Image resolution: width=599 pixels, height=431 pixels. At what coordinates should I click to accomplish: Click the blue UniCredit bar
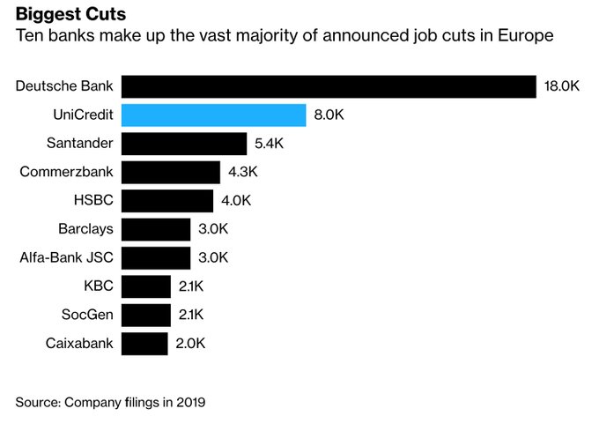tap(213, 115)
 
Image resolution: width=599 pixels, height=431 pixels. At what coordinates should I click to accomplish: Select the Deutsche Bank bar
tap(329, 86)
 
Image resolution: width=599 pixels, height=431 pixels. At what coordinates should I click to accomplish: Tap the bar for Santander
tap(183, 144)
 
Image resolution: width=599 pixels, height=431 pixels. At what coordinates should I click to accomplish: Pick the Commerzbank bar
tap(170, 172)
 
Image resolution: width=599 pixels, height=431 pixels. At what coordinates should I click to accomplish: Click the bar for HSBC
tap(166, 200)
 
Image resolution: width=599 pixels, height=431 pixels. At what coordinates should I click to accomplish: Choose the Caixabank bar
tap(144, 344)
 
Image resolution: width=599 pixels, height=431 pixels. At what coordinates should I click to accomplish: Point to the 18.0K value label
tap(562, 86)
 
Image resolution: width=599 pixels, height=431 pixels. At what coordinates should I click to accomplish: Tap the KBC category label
tap(98, 286)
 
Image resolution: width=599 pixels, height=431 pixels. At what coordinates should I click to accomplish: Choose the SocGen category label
tap(87, 315)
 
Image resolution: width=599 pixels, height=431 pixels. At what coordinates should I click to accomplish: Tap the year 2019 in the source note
tap(189, 402)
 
